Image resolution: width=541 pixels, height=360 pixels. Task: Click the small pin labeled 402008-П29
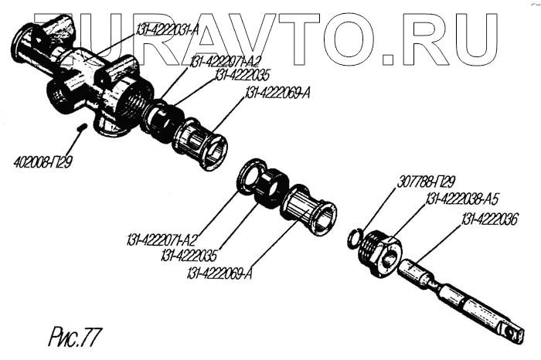(x=80, y=125)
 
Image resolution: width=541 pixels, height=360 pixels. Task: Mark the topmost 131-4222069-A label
(x=277, y=93)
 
